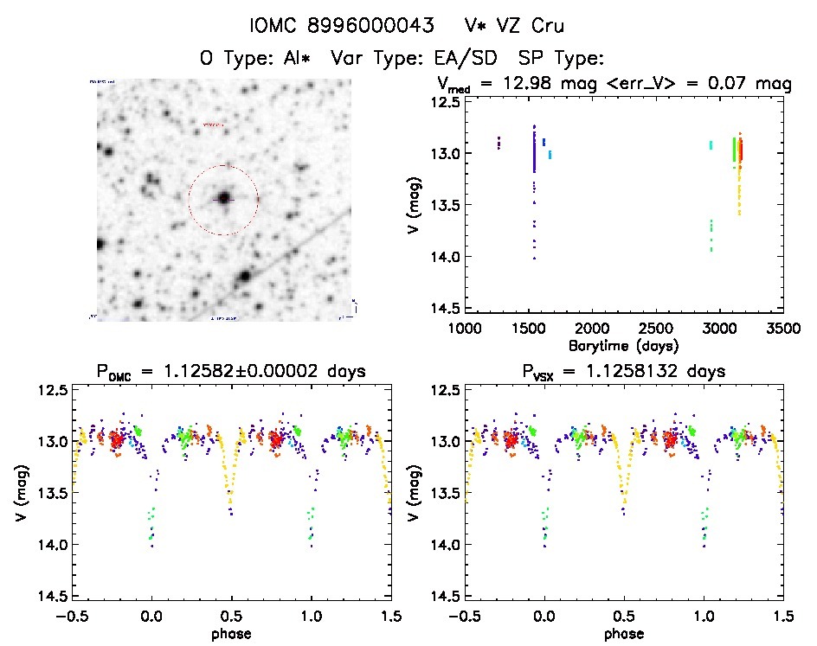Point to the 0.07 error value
pos(730,84)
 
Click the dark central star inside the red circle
pos(223,198)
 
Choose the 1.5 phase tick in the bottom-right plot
pos(783,616)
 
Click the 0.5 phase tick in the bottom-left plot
pos(231,616)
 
